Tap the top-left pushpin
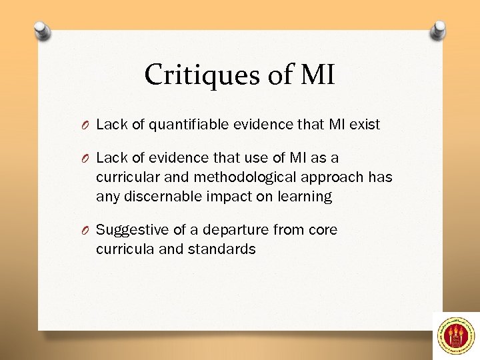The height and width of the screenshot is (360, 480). tap(41, 31)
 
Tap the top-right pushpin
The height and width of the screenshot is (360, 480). tap(439, 29)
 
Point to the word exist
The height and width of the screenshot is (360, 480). tap(364, 124)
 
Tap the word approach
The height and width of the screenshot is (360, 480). tap(333, 177)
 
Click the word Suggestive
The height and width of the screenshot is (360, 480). tap(129, 230)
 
